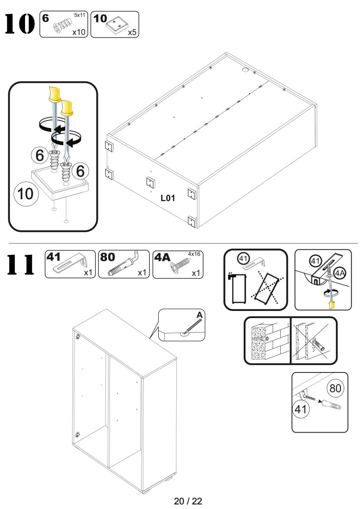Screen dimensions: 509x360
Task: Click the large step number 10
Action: click(x=18, y=25)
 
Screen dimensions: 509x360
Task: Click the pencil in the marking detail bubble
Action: click(x=191, y=327)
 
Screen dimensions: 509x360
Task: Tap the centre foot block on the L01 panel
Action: click(x=150, y=182)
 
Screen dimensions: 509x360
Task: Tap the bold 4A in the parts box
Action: click(x=164, y=258)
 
